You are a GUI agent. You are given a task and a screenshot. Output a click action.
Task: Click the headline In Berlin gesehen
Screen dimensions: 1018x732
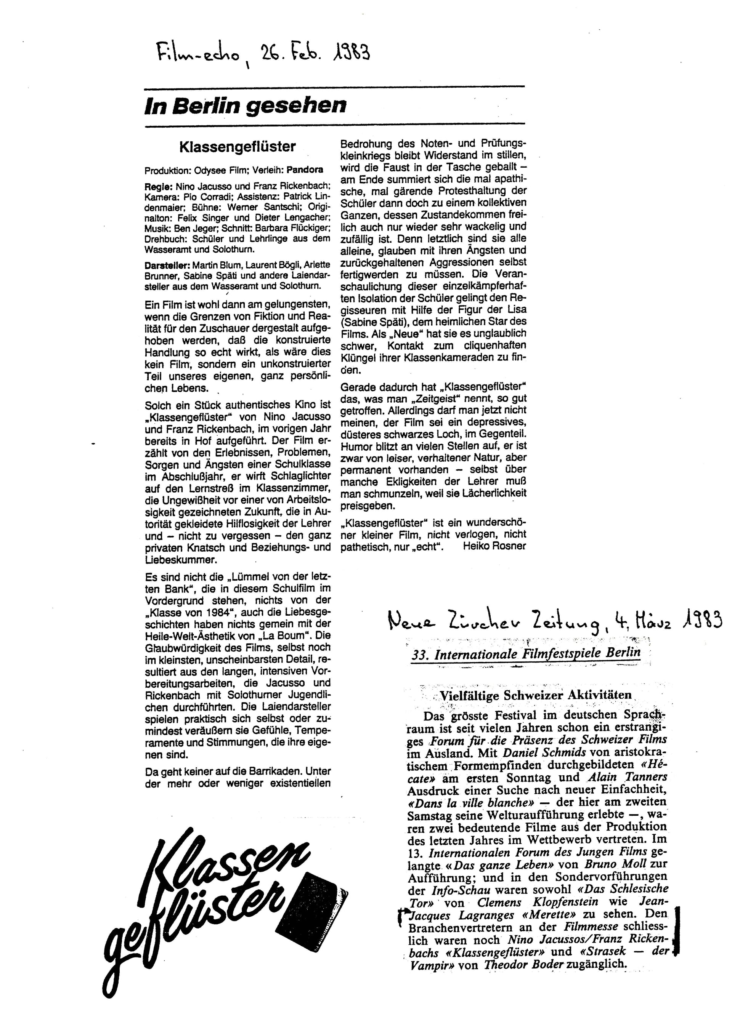click(x=245, y=106)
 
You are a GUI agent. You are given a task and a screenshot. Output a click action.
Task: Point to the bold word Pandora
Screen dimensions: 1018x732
click(x=305, y=170)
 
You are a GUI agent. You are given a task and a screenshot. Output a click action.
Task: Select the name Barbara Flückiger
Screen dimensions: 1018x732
click(x=298, y=227)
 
